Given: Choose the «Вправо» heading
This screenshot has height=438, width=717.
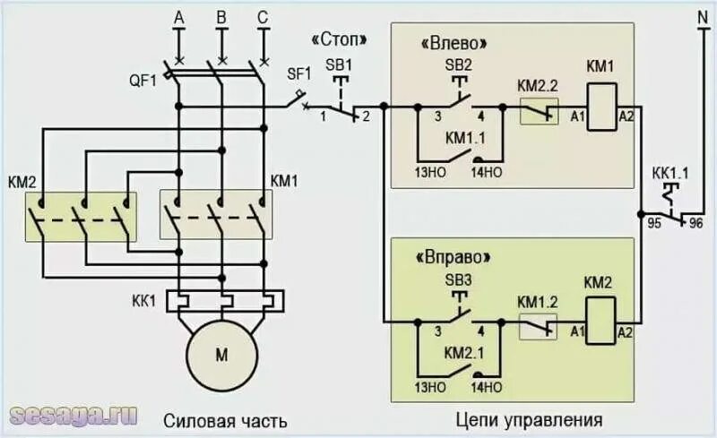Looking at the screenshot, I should click(x=455, y=256).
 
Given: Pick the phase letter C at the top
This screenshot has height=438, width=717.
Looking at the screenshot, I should click(x=262, y=17).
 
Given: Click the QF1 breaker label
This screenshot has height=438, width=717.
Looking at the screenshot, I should click(x=143, y=79).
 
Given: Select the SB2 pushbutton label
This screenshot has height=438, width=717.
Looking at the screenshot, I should click(x=458, y=64).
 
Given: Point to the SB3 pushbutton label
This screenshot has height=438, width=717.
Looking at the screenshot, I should click(x=458, y=279).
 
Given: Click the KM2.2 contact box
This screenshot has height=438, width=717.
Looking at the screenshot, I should click(x=539, y=111).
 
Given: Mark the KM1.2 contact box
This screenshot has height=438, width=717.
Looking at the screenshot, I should click(x=539, y=326).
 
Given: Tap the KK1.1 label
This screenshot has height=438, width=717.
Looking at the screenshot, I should click(x=670, y=172).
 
